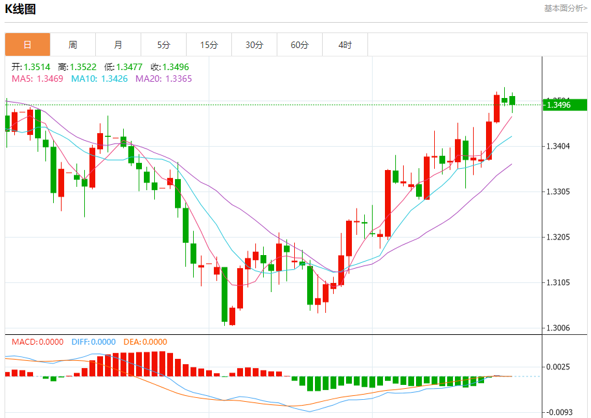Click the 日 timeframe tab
(x=27, y=45)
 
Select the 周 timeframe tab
(x=73, y=45)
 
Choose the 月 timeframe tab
(x=118, y=45)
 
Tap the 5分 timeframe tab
(x=163, y=45)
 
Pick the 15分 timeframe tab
(x=209, y=45)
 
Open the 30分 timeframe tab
(x=254, y=45)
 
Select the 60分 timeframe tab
(x=299, y=45)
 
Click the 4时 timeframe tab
(x=345, y=45)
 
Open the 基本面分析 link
(x=565, y=8)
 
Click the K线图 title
(x=21, y=9)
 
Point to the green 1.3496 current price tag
(x=563, y=104)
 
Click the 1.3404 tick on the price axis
(x=558, y=146)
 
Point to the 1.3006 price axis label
(x=558, y=328)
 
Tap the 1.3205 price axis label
(x=558, y=237)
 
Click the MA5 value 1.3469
(x=50, y=79)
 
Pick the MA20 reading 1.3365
(x=178, y=79)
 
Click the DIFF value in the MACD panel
(x=103, y=341)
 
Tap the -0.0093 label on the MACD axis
(x=559, y=412)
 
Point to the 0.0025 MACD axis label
(x=559, y=367)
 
